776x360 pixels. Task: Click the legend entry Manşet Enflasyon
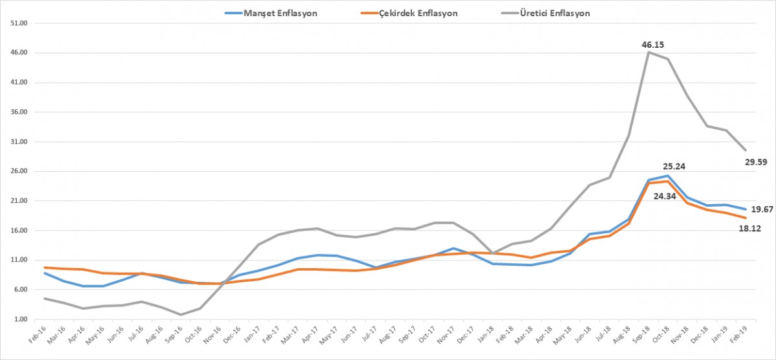[279, 13]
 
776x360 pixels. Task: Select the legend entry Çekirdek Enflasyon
[420, 13]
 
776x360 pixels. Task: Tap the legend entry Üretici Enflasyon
[555, 13]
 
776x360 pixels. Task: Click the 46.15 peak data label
[652, 45]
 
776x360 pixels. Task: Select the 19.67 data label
[761, 209]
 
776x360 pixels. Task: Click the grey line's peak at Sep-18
[649, 52]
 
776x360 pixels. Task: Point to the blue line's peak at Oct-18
[667, 176]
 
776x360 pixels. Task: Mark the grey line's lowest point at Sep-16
[181, 315]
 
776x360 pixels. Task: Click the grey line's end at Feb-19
[745, 150]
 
